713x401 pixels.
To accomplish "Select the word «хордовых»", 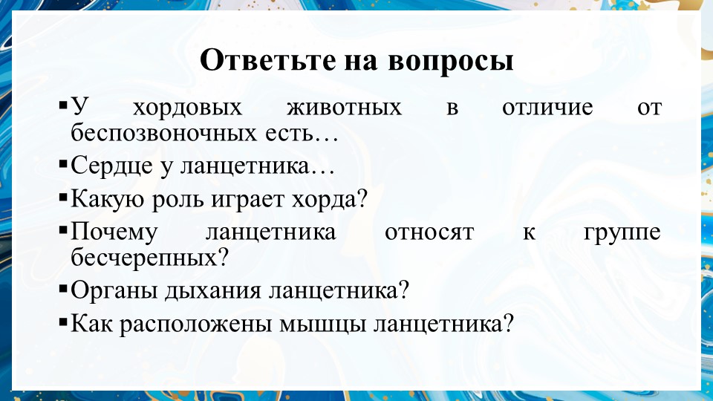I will (x=187, y=108).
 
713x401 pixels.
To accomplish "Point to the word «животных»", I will (x=344, y=108).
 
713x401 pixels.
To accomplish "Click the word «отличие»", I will (x=547, y=108).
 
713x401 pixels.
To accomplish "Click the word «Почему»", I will (x=114, y=232).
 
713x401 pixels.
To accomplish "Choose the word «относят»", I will (x=429, y=232).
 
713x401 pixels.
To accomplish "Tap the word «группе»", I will (x=622, y=232).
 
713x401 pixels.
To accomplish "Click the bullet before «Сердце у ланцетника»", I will (x=63, y=165).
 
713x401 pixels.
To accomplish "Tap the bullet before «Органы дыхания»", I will (x=63, y=289).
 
